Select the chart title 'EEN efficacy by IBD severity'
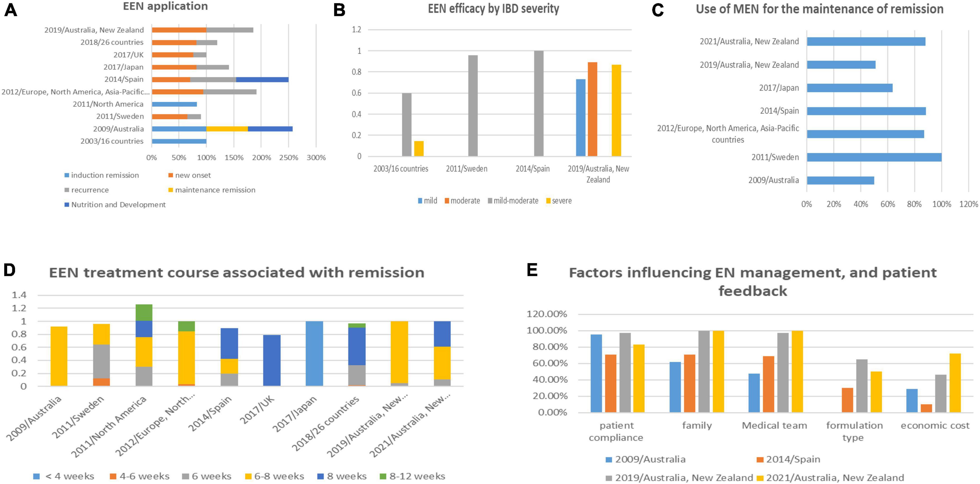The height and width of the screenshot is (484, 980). pos(493,9)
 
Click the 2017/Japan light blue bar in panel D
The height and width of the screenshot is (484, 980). pos(314,354)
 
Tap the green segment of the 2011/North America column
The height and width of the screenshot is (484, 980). pos(144,312)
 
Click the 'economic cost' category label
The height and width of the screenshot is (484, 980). pos(935,425)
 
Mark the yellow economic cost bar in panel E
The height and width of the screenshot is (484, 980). pos(955,383)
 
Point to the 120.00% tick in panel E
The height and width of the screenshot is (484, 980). pos(547,314)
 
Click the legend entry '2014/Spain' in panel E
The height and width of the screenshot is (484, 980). pos(788,459)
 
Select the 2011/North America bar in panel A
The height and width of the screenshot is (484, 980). pos(174,104)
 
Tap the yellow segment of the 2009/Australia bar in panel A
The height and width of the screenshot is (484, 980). pos(227,129)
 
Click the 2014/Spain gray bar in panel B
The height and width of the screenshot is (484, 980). pos(539,104)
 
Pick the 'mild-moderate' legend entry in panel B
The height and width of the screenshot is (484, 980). pos(513,200)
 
